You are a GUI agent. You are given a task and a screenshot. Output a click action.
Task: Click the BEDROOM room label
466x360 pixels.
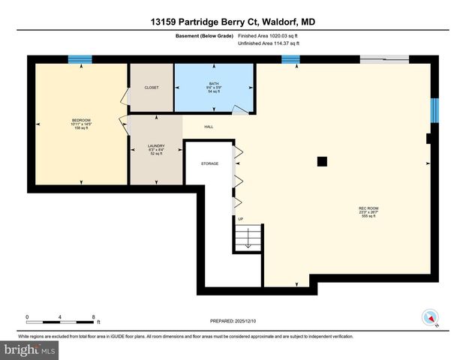tap(80, 120)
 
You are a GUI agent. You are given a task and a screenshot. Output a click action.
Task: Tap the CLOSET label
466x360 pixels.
tap(152, 88)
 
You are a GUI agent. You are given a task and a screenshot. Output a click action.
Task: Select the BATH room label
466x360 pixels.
tap(214, 85)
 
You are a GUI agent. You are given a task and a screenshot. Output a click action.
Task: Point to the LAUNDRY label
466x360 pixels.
tap(156, 146)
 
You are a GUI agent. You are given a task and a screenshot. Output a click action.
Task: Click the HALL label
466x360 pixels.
tap(209, 127)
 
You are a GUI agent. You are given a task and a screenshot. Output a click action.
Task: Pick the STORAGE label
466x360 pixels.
tap(209, 163)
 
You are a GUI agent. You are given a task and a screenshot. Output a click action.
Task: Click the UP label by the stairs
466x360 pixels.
tap(241, 219)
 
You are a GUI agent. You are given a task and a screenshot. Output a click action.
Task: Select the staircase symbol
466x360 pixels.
tap(248, 239)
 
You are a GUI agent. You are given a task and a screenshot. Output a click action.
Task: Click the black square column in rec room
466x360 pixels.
tap(321, 160)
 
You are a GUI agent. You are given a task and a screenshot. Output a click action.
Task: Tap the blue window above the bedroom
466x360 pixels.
tap(80, 60)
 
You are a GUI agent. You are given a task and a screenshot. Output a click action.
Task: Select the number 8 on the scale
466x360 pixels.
tap(93, 317)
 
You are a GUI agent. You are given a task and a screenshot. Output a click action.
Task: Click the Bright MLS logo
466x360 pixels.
tap(30, 349)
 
